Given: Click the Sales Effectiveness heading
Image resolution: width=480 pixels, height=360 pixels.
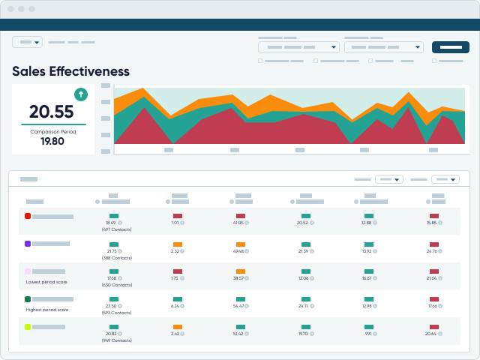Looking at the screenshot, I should click(x=70, y=71).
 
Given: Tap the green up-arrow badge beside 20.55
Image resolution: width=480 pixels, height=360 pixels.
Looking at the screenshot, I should click(x=81, y=94).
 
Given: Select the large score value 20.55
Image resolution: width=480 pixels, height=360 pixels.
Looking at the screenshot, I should click(x=52, y=112).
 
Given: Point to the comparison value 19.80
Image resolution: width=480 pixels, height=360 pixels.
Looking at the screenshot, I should click(x=52, y=141).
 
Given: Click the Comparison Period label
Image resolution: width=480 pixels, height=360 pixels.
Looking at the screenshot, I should click(x=52, y=131).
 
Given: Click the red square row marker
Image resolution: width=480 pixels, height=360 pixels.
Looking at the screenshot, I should click(x=28, y=216).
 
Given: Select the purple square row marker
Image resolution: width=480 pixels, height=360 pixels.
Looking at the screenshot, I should click(x=28, y=244).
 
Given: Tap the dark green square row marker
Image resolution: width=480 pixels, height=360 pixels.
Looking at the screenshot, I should click(x=28, y=299).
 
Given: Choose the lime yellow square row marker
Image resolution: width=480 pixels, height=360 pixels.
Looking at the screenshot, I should click(x=28, y=327).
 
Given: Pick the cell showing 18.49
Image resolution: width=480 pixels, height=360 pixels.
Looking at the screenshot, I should click(x=111, y=223).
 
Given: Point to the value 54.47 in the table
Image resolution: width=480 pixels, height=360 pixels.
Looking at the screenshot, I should click(x=240, y=306).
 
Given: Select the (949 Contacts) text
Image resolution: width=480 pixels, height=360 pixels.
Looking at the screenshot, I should click(x=115, y=340).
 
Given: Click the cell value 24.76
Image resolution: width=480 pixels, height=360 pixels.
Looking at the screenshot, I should click(x=432, y=250).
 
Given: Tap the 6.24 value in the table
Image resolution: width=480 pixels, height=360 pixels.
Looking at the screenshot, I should click(x=175, y=306).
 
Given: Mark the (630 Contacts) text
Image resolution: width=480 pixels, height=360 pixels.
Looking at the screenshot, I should click(x=115, y=285).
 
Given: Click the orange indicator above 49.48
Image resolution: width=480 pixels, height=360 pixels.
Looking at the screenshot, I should click(x=241, y=244).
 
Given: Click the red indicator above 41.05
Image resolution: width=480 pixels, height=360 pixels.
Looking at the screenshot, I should click(x=241, y=216).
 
